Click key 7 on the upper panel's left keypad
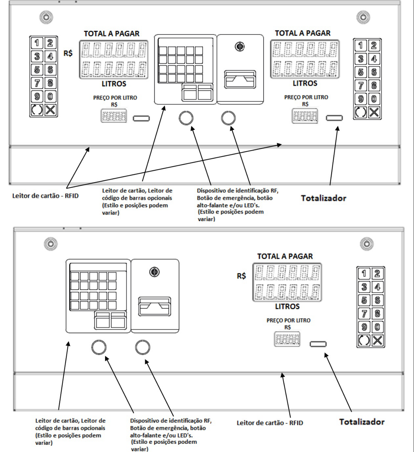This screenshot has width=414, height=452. click(x=37, y=84)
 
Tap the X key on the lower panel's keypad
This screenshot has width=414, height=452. click(x=377, y=340)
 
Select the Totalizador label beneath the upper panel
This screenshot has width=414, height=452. click(x=323, y=198)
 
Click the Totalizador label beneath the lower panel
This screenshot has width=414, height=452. click(x=362, y=422)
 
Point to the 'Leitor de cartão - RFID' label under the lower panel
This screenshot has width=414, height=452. click(x=270, y=423)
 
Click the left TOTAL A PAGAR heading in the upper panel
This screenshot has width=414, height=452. click(x=112, y=34)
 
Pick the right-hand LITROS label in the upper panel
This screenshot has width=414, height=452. click(x=305, y=83)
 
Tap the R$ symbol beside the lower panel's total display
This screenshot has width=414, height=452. click(x=241, y=276)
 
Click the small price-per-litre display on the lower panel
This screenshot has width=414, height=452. click(x=287, y=339)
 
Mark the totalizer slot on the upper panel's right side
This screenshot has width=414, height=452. click(x=334, y=118)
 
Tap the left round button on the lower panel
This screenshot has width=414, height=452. click(x=99, y=347)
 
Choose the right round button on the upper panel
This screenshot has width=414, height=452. click(x=228, y=118)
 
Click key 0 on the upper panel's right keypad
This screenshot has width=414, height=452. click(x=374, y=99)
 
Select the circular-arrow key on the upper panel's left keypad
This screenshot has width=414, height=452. click(x=37, y=110)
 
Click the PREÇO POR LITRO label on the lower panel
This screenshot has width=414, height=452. click(x=288, y=321)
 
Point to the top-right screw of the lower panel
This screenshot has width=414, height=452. click(x=368, y=244)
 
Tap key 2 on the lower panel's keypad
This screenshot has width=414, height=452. click(x=377, y=273)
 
